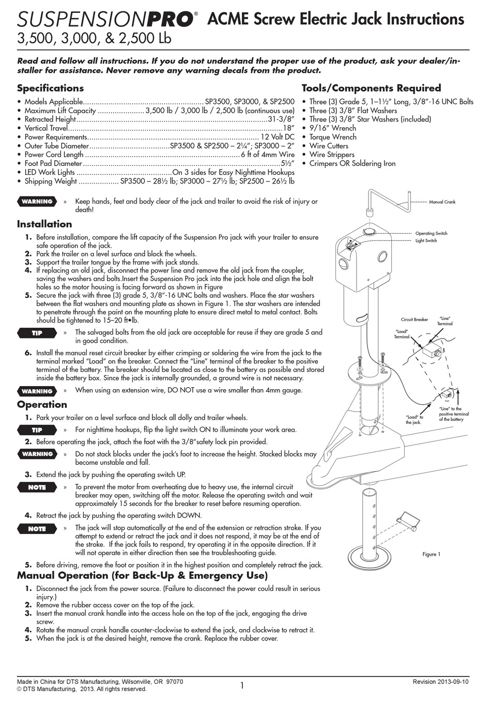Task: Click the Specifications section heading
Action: [50, 88]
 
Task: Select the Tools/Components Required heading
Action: [371, 88]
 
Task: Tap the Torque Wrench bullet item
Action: [332, 137]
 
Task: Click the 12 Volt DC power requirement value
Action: [277, 137]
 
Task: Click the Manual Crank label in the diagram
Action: [442, 202]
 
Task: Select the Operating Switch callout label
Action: [431, 234]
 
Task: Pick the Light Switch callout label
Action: [426, 241]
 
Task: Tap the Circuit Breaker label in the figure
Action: [414, 319]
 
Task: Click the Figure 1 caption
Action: [431, 554]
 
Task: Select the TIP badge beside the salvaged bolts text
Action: [37, 333]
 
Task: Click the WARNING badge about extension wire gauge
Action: [37, 391]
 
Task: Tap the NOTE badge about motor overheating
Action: [37, 487]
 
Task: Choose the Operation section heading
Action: [42, 405]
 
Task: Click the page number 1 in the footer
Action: [241, 686]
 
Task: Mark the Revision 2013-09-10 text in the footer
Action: [440, 682]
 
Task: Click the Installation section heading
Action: [44, 224]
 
